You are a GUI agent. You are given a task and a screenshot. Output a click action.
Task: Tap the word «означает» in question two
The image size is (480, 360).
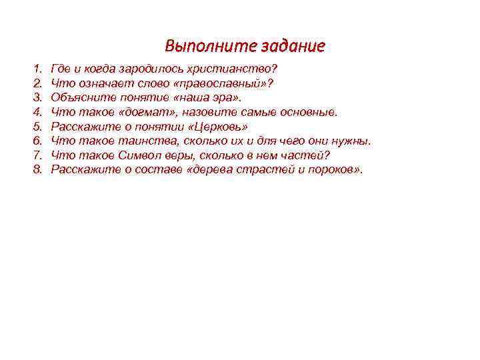coord(97,83)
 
